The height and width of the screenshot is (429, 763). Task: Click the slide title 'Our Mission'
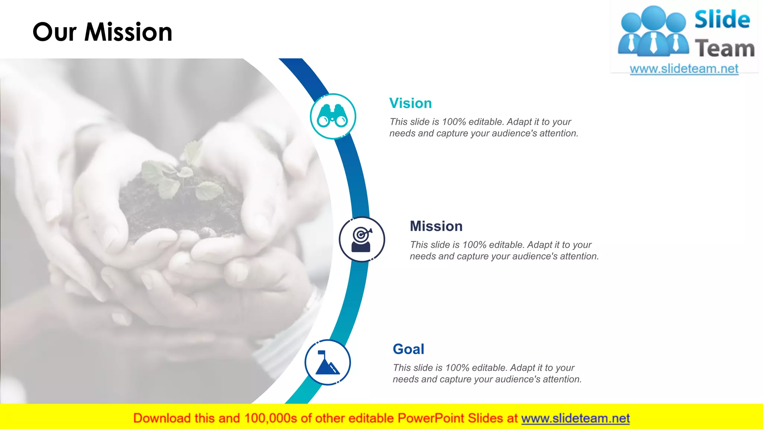click(x=102, y=32)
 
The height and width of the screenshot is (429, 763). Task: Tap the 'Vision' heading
click(x=410, y=103)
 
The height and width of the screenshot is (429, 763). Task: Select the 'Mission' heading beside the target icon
click(x=436, y=226)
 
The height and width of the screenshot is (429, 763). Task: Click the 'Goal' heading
click(x=408, y=349)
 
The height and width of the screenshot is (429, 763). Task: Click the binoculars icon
click(x=333, y=116)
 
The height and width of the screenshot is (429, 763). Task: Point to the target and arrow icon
click(x=362, y=239)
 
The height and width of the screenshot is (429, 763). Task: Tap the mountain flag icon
click(x=327, y=362)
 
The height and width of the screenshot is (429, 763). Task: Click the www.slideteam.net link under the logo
click(x=684, y=69)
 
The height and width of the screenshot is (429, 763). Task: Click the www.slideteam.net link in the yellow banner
click(x=575, y=418)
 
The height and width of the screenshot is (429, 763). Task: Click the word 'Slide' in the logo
click(x=722, y=19)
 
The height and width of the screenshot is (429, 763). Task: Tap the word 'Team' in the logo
click(x=725, y=48)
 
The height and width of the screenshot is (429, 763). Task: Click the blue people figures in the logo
click(x=653, y=32)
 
